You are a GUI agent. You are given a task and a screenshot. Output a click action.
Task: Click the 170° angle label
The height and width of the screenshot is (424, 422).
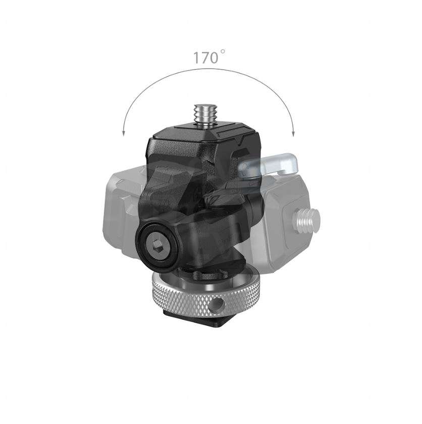pyautogui.click(x=205, y=58)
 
